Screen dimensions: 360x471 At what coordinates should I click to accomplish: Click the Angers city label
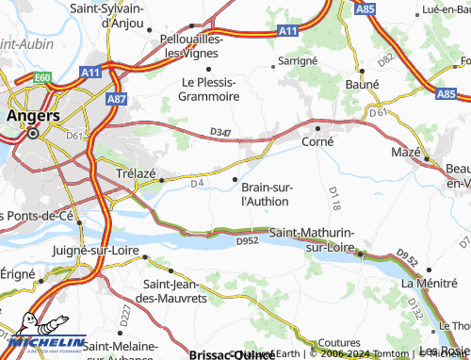(x=33, y=115)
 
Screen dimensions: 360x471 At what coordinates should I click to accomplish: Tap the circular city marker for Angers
(x=33, y=134)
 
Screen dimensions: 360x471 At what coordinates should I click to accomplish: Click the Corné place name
(x=317, y=140)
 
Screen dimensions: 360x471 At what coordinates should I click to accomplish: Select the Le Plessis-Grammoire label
(x=206, y=89)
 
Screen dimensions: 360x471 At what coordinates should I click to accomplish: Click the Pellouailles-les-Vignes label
(x=193, y=46)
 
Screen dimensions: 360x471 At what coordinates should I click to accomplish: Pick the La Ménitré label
(x=430, y=283)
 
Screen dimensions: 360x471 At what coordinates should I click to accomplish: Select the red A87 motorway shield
(x=117, y=97)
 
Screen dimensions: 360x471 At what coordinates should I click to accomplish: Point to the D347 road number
(x=219, y=130)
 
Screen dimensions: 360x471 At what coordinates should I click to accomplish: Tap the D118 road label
(x=333, y=197)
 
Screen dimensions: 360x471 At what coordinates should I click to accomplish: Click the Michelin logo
(x=44, y=343)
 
